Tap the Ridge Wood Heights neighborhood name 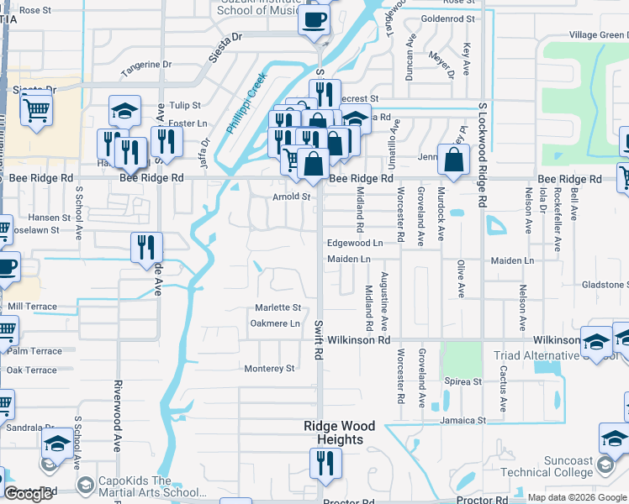pos(334,433)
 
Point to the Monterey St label pos(269,368)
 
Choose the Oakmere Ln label pos(275,323)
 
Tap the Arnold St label pos(291,197)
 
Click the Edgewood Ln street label pos(354,242)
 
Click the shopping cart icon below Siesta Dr pos(36,110)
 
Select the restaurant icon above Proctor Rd pos(324,463)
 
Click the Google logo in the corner pos(28,494)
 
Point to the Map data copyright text pos(577,497)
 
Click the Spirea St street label pos(464,381)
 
